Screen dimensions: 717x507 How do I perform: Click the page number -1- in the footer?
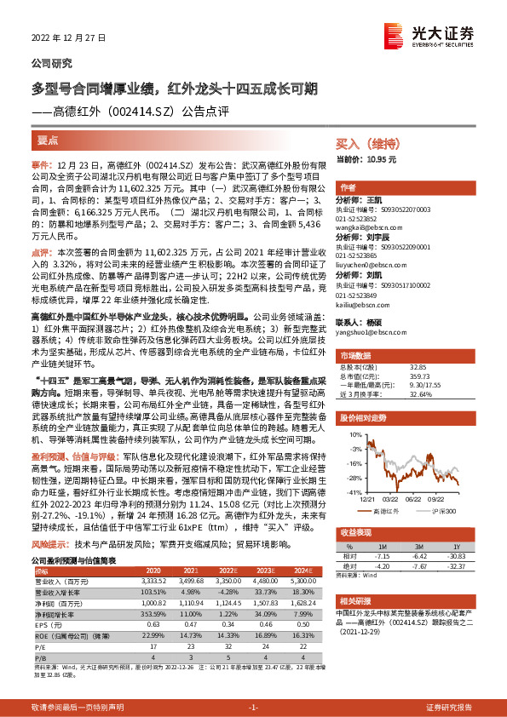pyautogui.click(x=252, y=708)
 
